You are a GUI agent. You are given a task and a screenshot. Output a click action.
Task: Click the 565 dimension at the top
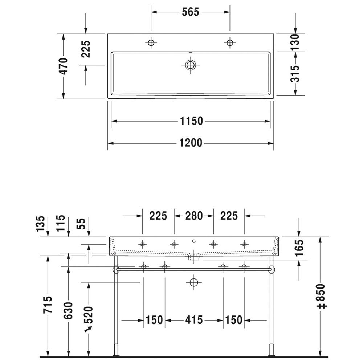pos(190,12)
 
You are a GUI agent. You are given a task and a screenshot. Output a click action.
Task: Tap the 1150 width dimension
pos(191,121)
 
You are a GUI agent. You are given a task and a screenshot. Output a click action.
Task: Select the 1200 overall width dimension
pos(191,143)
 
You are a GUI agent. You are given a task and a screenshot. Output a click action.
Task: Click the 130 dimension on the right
pos(295,42)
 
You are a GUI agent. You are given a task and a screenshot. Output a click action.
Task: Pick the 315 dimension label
pos(295,74)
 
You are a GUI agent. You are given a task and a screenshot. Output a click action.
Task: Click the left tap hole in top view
pos(151,42)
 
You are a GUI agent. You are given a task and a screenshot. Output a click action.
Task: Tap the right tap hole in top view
pos(230,42)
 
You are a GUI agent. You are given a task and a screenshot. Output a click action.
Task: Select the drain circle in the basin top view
pos(190,65)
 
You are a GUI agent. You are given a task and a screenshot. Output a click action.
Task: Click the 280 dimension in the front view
pos(194,216)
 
